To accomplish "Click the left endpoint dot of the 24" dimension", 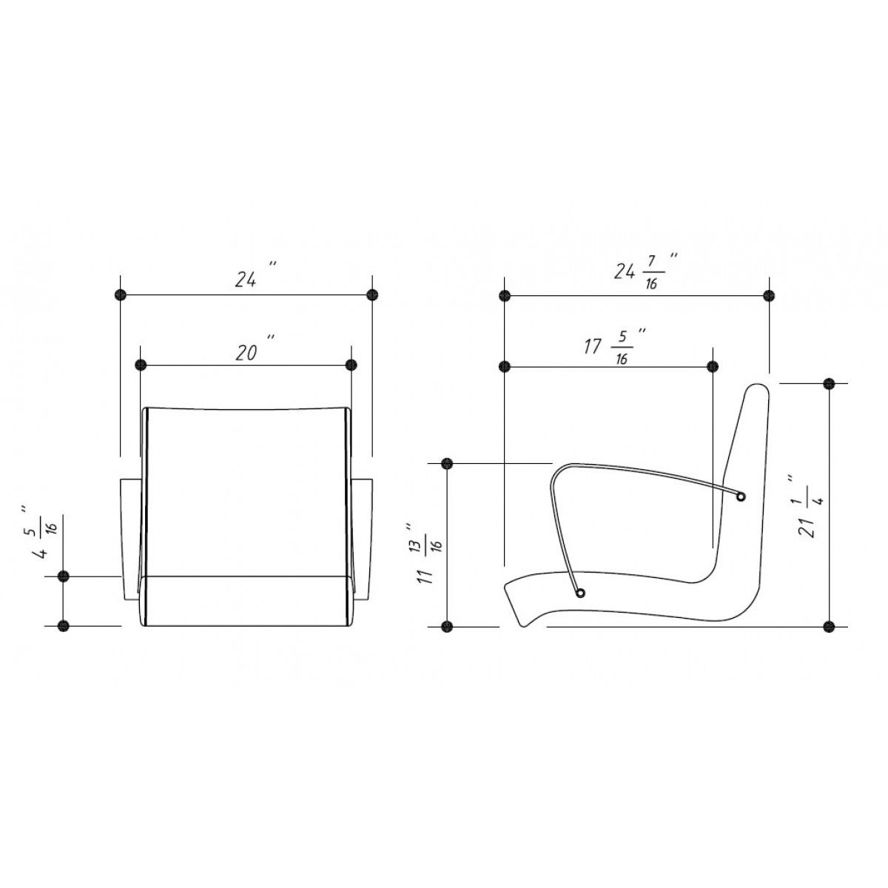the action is (121, 295).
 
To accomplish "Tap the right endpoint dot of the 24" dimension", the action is (372, 295).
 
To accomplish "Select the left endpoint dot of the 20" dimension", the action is (141, 366).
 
